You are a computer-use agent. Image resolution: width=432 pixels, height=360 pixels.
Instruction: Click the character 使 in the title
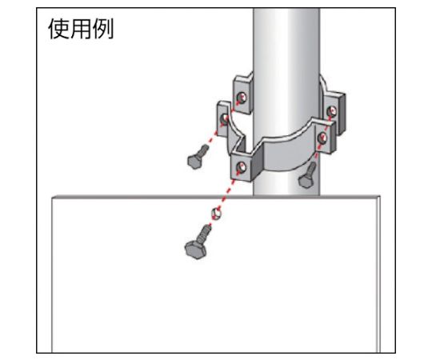click(x=59, y=29)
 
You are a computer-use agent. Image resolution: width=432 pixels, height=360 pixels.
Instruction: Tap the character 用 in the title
click(x=81, y=29)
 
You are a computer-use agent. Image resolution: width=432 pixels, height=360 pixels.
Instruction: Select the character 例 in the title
click(x=102, y=29)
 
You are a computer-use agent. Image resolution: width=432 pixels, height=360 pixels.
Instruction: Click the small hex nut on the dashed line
click(x=216, y=214)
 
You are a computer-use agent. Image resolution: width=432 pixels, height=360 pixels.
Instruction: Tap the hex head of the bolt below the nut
click(x=196, y=250)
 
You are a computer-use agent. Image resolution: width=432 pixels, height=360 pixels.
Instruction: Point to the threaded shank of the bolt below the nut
click(x=205, y=233)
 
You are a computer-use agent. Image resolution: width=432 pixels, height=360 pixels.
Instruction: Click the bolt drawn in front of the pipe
click(x=307, y=176)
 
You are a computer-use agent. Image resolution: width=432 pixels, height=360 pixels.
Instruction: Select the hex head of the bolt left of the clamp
click(x=195, y=161)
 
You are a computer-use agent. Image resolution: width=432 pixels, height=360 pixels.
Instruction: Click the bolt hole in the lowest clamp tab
click(x=242, y=167)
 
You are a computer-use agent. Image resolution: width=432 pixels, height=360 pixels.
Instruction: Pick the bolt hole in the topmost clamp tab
click(x=242, y=98)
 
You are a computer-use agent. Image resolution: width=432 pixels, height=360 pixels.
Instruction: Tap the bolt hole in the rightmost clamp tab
click(x=332, y=111)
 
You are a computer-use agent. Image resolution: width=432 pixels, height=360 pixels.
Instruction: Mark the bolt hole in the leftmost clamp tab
click(x=225, y=118)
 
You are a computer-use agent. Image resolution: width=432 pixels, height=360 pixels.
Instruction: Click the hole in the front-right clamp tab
click(x=322, y=138)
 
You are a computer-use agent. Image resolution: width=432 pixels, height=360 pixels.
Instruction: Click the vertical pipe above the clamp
click(x=286, y=42)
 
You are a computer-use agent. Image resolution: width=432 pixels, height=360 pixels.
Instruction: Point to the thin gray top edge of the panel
click(x=216, y=197)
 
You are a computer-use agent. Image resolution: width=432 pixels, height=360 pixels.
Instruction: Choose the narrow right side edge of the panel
click(x=378, y=275)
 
